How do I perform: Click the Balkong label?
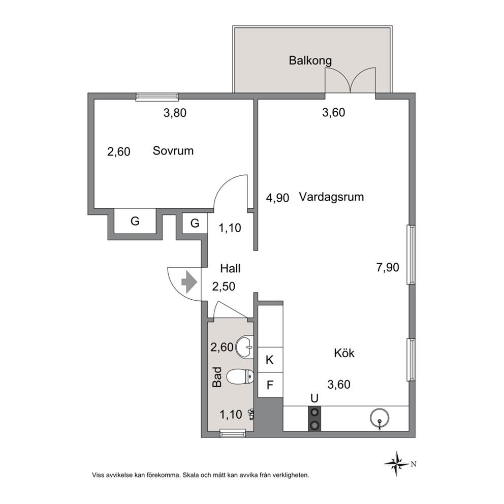pyautogui.click(x=310, y=61)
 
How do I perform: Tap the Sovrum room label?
pyautogui.click(x=173, y=151)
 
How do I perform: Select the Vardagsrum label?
pyautogui.click(x=331, y=197)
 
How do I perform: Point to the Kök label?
pyautogui.click(x=344, y=353)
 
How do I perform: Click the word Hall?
pyautogui.click(x=231, y=268)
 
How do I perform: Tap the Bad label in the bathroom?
pyautogui.click(x=217, y=377)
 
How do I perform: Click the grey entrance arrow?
pyautogui.click(x=190, y=282)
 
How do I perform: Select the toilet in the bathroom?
pyautogui.click(x=240, y=376)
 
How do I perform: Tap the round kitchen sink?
pyautogui.click(x=380, y=419)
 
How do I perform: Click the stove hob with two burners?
pyautogui.click(x=314, y=419)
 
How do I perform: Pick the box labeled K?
pyautogui.click(x=270, y=360)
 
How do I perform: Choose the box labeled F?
pyautogui.click(x=270, y=385)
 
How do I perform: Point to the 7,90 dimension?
pyautogui.click(x=388, y=267)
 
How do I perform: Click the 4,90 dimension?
pyautogui.click(x=277, y=198)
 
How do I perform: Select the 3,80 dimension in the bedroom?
pyautogui.click(x=175, y=113)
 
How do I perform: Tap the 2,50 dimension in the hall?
pyautogui.click(x=224, y=287)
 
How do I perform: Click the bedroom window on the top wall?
pyautogui.click(x=157, y=97)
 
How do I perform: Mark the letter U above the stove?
pyautogui.click(x=314, y=398)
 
